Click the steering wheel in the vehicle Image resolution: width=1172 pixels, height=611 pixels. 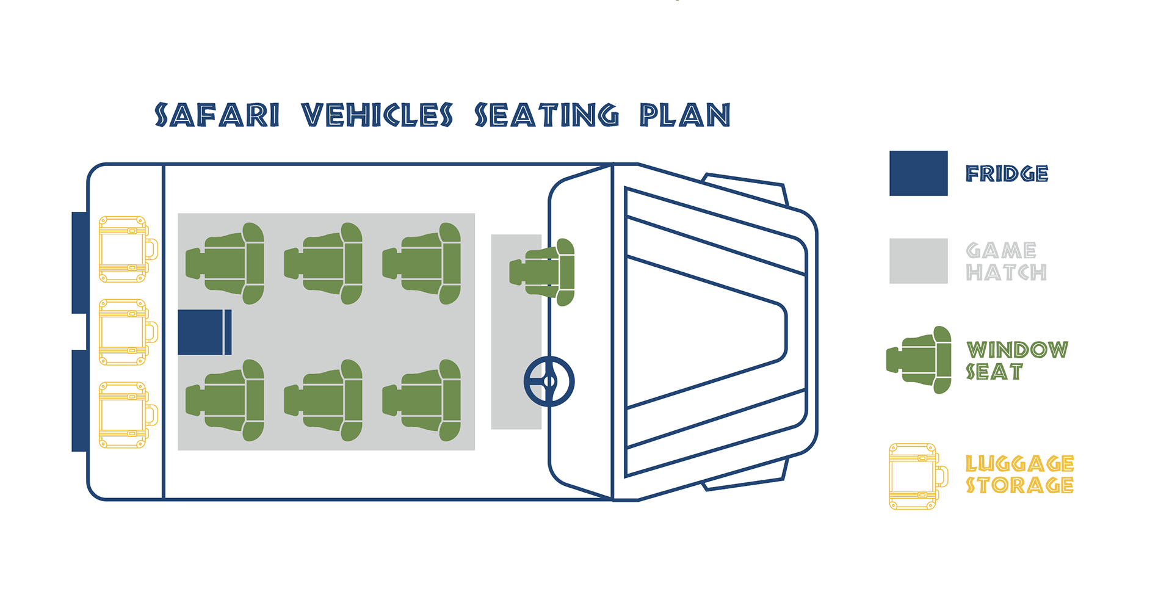[549, 381]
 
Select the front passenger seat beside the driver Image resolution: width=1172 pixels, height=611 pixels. [543, 272]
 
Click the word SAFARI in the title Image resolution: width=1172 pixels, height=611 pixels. [217, 115]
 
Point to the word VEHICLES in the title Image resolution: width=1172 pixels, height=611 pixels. [377, 115]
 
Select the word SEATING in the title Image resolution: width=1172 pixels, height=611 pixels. [547, 115]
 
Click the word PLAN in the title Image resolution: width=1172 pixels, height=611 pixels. [685, 115]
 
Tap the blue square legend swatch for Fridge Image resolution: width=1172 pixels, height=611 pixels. [918, 173]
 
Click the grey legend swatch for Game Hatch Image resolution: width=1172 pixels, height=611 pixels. [918, 261]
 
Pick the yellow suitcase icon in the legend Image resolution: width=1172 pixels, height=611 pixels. [917, 477]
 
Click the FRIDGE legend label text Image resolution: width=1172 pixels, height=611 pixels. [1007, 174]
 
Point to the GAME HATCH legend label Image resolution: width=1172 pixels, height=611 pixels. [1006, 261]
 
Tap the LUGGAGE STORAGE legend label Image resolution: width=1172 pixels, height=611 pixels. [1019, 474]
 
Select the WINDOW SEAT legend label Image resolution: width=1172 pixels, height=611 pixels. [1016, 361]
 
